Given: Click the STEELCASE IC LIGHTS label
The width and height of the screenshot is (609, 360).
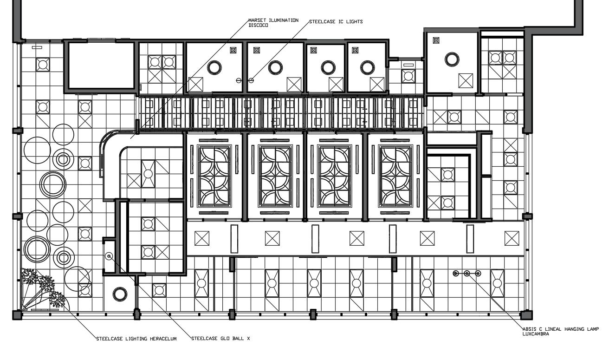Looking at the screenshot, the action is click(x=336, y=21).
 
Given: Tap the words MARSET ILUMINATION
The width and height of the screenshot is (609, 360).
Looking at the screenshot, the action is click(x=273, y=20).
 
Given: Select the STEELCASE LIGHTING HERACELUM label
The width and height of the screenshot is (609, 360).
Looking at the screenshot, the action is click(x=136, y=339).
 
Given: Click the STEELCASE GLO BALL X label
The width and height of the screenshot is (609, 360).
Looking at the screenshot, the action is click(x=221, y=339).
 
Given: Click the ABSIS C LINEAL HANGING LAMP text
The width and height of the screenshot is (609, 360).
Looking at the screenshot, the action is click(x=561, y=329).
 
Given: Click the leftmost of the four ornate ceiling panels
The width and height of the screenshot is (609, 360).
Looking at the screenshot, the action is click(x=214, y=176).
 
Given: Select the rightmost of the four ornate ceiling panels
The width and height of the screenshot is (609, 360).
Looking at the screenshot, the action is click(x=395, y=176).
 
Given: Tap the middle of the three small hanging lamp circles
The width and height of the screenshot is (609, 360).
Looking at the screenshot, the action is click(x=467, y=274).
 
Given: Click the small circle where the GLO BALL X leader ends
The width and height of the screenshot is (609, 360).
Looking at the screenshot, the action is click(x=110, y=256).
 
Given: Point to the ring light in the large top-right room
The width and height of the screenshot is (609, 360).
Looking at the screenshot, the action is click(x=452, y=59).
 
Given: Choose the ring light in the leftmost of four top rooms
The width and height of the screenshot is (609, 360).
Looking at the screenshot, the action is click(x=214, y=68).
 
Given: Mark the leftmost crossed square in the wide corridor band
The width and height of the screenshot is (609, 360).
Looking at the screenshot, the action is click(x=202, y=238).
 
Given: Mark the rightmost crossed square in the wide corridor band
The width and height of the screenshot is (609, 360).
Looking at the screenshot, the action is click(x=512, y=238).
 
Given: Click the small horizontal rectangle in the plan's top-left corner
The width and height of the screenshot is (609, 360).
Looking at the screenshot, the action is click(x=37, y=47).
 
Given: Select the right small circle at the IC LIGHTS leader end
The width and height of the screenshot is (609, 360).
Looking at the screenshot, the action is click(x=251, y=80).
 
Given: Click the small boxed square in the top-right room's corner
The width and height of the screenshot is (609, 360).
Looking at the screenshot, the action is click(x=436, y=40).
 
